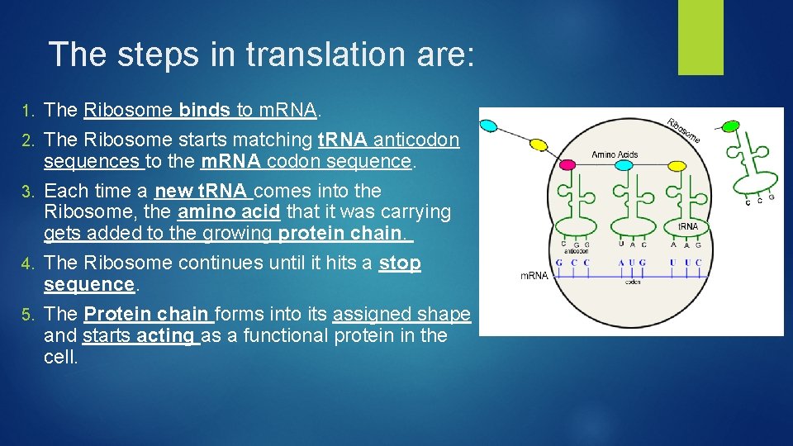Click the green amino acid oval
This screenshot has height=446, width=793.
(730, 126)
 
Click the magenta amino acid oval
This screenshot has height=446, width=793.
(567, 165)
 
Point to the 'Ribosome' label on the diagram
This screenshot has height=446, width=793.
(683, 129)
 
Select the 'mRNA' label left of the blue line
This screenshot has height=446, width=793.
(534, 275)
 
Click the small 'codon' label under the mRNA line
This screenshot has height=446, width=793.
(632, 282)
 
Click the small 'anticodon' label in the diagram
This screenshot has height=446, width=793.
(576, 251)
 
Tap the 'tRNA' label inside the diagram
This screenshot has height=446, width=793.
(687, 225)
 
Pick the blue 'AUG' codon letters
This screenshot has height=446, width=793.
(632, 263)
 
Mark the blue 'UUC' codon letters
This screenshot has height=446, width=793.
(685, 263)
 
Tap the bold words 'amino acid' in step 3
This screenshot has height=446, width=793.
(229, 212)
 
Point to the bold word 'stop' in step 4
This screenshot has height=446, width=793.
(400, 263)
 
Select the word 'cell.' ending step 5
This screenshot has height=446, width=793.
(61, 358)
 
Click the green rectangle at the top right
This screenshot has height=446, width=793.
(700, 37)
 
